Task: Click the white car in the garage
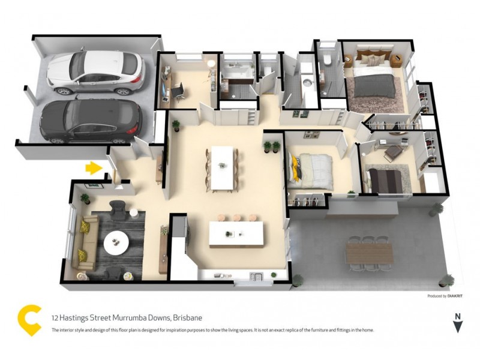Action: [96, 73]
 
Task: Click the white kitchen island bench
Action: [236, 233]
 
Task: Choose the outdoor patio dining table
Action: [370, 254]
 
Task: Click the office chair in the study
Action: [179, 92]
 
